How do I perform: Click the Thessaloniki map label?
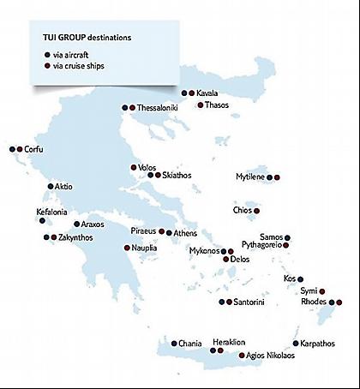click(x=158, y=108)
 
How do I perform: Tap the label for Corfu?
click(x=33, y=150)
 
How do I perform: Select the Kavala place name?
click(x=207, y=93)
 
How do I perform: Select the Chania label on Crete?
click(x=190, y=343)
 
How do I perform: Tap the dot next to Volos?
click(x=133, y=167)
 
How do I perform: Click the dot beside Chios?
click(x=255, y=210)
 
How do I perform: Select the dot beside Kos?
click(x=301, y=278)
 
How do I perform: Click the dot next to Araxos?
click(x=75, y=224)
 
